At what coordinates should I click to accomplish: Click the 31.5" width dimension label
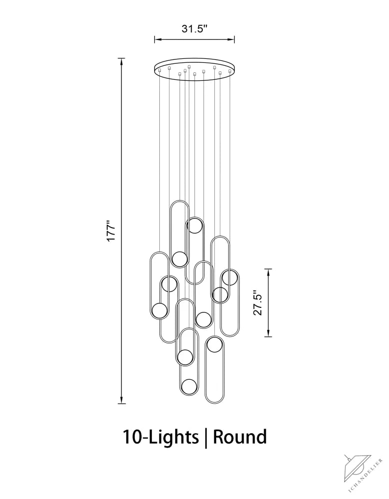click(194, 29)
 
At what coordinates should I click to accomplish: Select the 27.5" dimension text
click(258, 303)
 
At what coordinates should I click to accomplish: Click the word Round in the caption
click(240, 437)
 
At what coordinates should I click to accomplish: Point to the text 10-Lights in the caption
click(161, 437)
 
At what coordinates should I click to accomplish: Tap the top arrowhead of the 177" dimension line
click(121, 62)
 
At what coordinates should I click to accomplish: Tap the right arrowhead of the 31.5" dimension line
click(231, 39)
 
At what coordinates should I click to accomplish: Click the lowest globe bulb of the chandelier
click(189, 387)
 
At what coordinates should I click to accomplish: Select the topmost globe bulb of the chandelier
click(194, 226)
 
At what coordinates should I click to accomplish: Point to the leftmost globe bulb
click(159, 311)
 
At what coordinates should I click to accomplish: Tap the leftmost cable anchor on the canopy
click(160, 70)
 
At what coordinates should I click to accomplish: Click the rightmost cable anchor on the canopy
click(230, 71)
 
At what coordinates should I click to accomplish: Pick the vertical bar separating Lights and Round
click(206, 438)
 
